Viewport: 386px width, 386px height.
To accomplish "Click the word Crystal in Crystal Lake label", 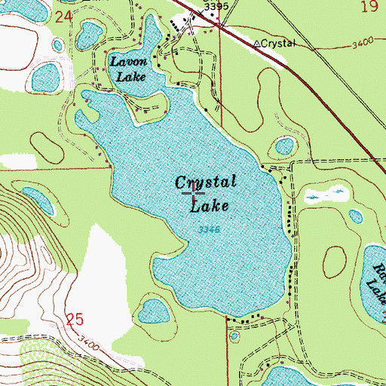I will pyautogui.click(x=206, y=182).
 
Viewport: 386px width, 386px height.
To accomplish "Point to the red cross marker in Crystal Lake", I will pyautogui.click(x=193, y=195).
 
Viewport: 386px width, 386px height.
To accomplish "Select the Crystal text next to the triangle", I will pyautogui.click(x=279, y=44).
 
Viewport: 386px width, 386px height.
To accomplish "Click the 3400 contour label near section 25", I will pyautogui.click(x=88, y=345).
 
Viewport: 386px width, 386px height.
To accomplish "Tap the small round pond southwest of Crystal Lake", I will pyautogui.click(x=154, y=310).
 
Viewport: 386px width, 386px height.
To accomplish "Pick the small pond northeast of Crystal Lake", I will pyautogui.click(x=284, y=146).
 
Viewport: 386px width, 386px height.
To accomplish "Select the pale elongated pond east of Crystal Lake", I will pyautogui.click(x=314, y=198).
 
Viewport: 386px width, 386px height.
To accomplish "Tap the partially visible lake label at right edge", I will pyautogui.click(x=374, y=275).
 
